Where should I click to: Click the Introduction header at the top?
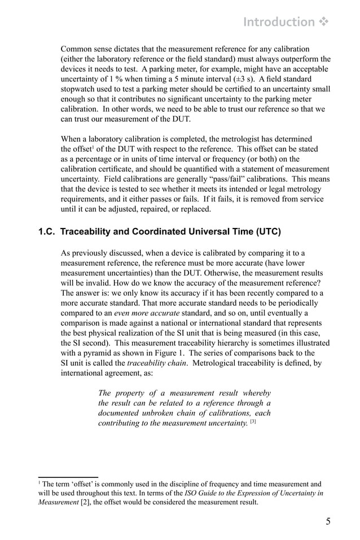pos(279,22)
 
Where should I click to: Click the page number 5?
pos(328,521)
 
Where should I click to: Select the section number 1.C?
pos(47,231)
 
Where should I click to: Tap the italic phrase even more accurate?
pos(147,313)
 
